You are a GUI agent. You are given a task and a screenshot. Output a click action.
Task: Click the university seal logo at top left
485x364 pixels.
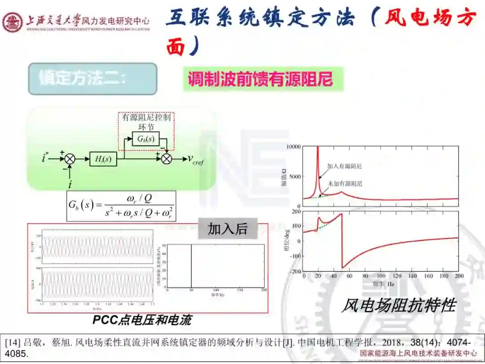(x=12, y=22)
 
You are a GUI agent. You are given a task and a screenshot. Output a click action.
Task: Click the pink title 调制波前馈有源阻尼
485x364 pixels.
(x=260, y=80)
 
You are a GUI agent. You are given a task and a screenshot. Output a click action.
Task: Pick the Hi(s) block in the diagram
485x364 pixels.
(x=103, y=159)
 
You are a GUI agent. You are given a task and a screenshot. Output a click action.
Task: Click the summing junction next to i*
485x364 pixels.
(x=70, y=159)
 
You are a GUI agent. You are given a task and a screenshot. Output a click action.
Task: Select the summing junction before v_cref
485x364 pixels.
(x=167, y=159)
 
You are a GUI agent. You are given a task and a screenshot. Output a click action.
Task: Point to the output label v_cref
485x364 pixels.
(x=195, y=160)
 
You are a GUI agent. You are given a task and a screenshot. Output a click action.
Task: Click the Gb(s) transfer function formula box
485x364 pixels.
(x=121, y=206)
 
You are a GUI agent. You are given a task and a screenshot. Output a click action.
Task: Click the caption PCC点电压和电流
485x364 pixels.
(x=142, y=320)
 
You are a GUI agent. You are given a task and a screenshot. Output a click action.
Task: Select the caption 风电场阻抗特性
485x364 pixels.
(x=398, y=306)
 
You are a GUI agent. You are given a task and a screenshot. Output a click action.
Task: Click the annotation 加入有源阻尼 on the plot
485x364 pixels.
(x=344, y=166)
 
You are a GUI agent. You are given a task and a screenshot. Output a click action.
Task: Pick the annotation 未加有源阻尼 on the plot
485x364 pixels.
(x=345, y=183)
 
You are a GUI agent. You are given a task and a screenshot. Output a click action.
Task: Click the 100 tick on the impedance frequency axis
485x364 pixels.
(x=381, y=275)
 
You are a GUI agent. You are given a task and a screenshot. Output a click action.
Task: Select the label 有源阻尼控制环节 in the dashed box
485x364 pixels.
(x=146, y=122)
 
